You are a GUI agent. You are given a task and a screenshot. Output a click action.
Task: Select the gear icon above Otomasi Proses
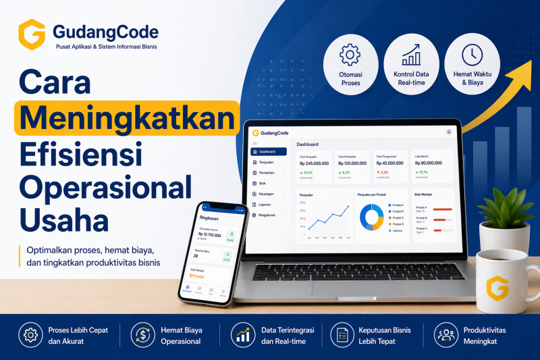350,53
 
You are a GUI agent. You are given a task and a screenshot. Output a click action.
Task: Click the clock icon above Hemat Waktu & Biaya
472,54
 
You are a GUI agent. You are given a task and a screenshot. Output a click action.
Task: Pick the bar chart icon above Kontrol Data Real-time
410,54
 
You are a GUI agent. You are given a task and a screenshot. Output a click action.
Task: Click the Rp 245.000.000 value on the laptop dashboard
314,163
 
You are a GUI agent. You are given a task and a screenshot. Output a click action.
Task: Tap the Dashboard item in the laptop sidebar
269,151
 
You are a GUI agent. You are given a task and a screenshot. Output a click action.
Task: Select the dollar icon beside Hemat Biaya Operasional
142,334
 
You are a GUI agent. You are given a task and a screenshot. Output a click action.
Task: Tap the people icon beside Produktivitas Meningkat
445,334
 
